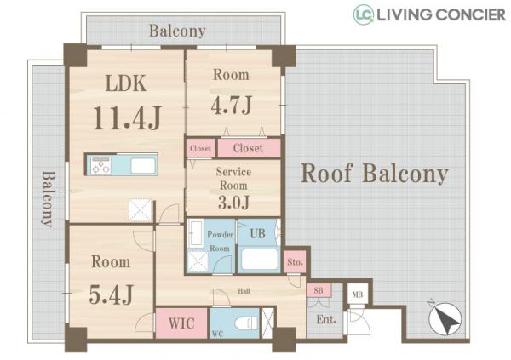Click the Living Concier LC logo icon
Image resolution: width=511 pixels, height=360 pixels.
point(364,14)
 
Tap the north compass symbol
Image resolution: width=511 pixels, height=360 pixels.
point(445,319)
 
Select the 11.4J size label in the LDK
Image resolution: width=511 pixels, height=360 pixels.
point(128,117)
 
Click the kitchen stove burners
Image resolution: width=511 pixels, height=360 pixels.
point(100,165)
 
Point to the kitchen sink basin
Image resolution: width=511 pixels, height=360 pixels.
point(143,165)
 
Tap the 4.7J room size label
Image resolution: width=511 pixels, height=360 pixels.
point(232,105)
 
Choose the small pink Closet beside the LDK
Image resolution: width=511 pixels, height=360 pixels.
point(200,148)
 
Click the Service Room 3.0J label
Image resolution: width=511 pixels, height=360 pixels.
point(233,188)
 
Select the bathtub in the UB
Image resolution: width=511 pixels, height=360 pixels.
point(260,260)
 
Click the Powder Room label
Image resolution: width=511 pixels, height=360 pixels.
point(220,242)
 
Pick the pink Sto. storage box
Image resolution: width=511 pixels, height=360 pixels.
point(295,261)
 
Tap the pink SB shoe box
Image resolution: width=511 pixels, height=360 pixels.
point(319,290)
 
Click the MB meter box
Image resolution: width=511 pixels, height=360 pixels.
point(358,294)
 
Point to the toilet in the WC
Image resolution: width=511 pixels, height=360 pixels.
point(247,323)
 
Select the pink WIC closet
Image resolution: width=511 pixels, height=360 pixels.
point(181,323)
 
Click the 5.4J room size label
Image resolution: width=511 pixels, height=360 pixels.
point(111,294)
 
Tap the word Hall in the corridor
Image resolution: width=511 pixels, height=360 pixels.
point(244,291)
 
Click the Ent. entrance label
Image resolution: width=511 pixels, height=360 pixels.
point(326,319)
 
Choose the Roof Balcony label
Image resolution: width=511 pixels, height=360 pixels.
point(375,174)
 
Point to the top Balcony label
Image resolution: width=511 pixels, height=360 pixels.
point(178,31)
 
